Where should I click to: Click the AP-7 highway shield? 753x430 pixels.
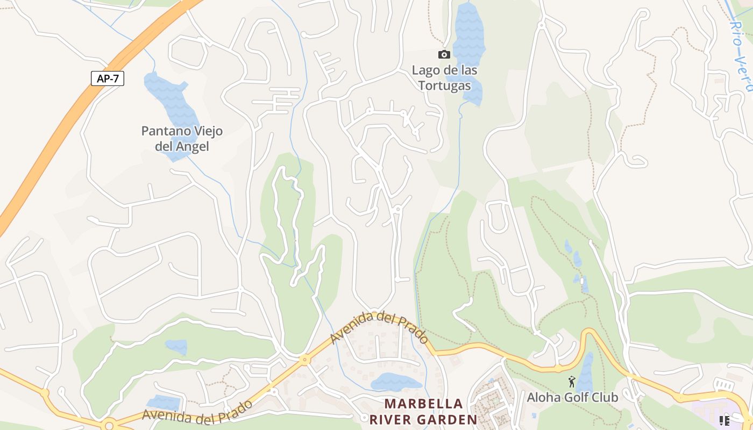pyautogui.click(x=108, y=78)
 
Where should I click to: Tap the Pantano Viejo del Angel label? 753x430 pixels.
pyautogui.click(x=182, y=139)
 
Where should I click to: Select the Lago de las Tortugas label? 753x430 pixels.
pyautogui.click(x=444, y=78)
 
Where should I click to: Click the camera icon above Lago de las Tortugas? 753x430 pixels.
pyautogui.click(x=444, y=54)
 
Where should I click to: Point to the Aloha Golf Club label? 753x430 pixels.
pyautogui.click(x=572, y=398)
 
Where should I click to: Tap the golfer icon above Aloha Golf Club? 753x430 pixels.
pyautogui.click(x=571, y=382)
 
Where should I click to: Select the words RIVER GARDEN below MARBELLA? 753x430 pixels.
pyautogui.click(x=423, y=420)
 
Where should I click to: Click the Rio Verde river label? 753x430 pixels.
pyautogui.click(x=742, y=54)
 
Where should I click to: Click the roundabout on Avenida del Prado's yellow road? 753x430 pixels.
pyautogui.click(x=305, y=360)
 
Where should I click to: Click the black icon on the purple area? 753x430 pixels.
pyautogui.click(x=724, y=420)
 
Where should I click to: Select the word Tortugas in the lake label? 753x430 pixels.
pyautogui.click(x=444, y=85)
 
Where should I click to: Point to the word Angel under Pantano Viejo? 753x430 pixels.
pyautogui.click(x=192, y=146)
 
